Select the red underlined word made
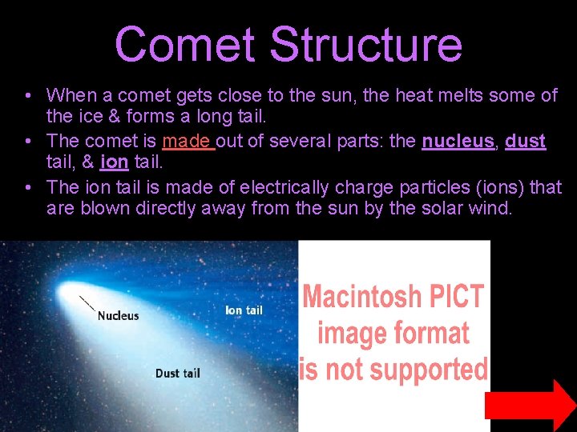tap(186, 142)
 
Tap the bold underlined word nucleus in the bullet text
tap(458, 142)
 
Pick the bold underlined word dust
tap(526, 142)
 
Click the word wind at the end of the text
tap(490, 210)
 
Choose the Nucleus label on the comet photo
tap(118, 315)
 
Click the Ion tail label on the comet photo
tap(244, 310)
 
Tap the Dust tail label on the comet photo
tap(177, 373)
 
